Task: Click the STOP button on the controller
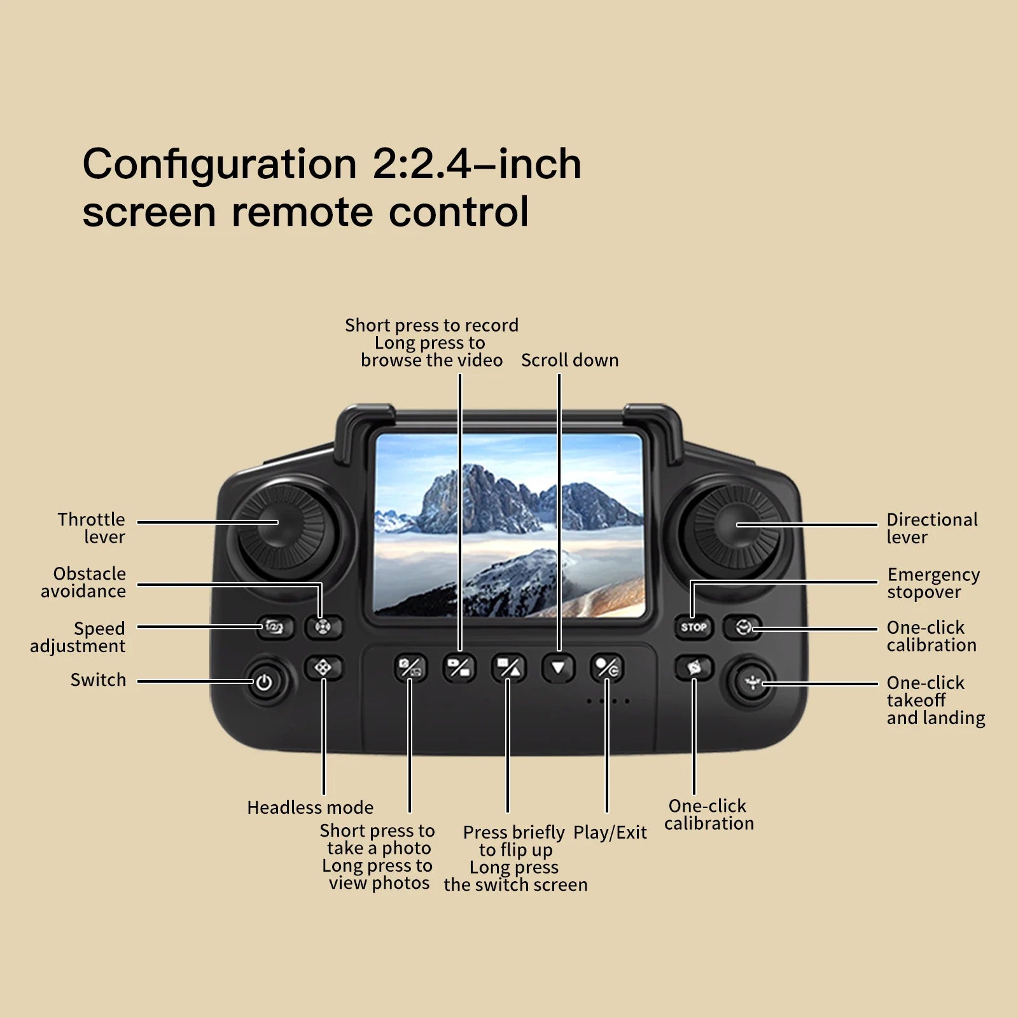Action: [x=694, y=627]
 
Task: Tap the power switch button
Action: [x=263, y=683]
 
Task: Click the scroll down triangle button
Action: [x=558, y=668]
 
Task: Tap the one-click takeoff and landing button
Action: [x=753, y=683]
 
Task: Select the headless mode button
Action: [x=323, y=667]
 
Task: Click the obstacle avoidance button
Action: [x=323, y=627]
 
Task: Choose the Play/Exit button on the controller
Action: [x=606, y=667]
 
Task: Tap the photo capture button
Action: [x=410, y=667]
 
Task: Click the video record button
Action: [x=459, y=667]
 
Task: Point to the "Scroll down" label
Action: [x=569, y=360]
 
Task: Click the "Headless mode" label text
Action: [x=310, y=807]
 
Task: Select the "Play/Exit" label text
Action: [x=610, y=832]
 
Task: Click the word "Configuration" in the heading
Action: [x=219, y=164]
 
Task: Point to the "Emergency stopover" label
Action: [x=933, y=583]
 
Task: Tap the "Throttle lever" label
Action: [x=92, y=528]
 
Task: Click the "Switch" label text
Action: [x=98, y=680]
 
